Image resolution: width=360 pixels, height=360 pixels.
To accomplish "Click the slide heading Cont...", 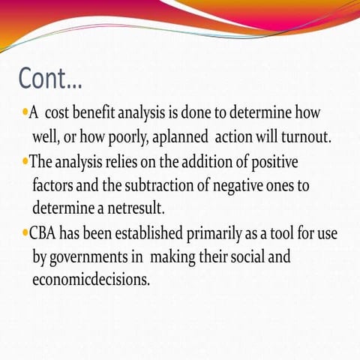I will (x=50, y=77).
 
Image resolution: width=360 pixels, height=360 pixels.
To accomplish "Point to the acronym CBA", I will (x=46, y=233).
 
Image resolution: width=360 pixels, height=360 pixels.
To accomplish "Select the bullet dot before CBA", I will (x=25, y=233).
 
